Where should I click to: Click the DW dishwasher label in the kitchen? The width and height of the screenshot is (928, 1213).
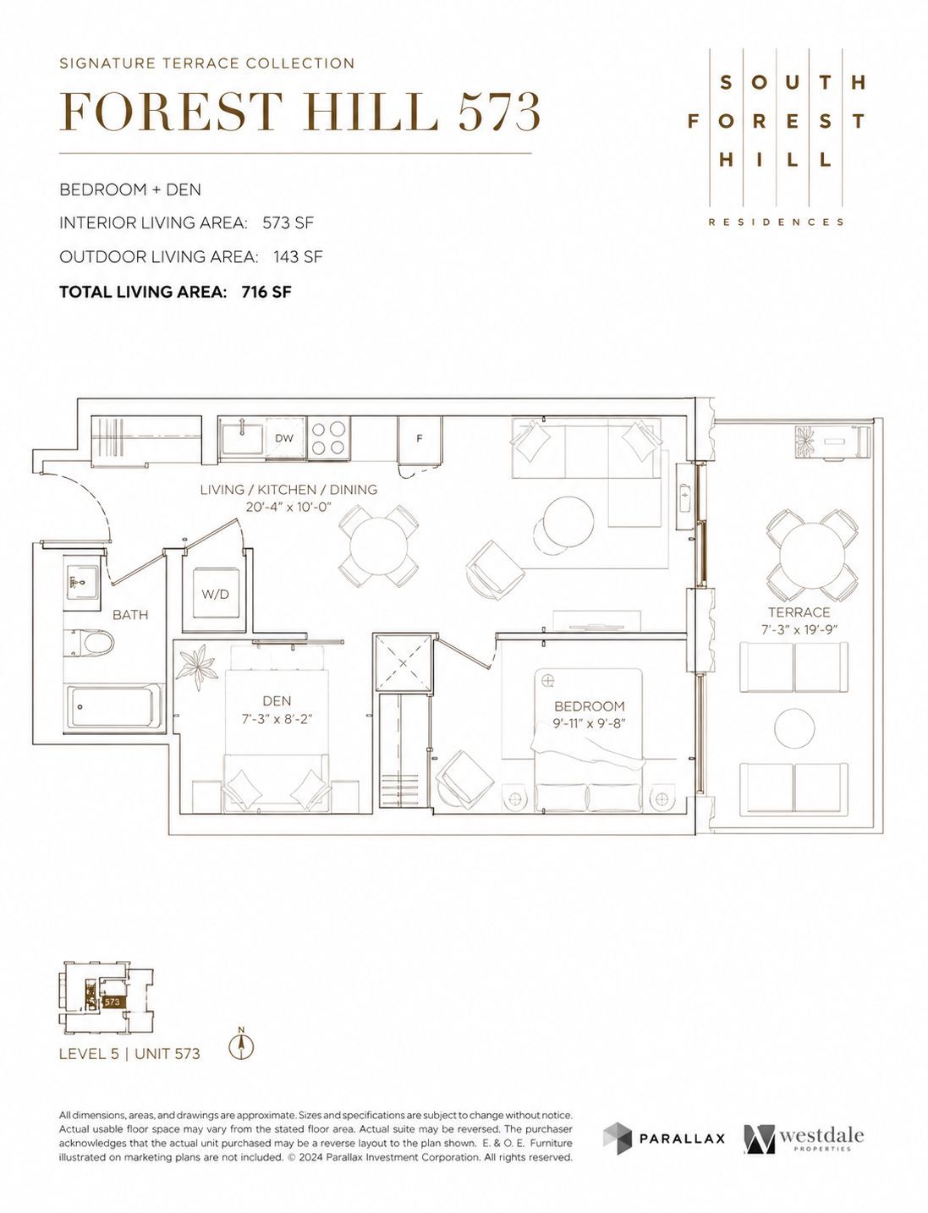(x=284, y=438)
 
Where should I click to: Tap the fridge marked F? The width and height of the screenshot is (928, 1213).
(x=420, y=439)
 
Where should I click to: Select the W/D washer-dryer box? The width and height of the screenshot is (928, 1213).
(x=215, y=594)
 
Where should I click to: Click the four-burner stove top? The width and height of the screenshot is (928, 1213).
(x=328, y=438)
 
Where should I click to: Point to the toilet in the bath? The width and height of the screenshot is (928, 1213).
(x=89, y=643)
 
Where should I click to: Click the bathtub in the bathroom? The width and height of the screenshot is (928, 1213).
(x=114, y=705)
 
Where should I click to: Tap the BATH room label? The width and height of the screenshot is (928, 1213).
(x=130, y=614)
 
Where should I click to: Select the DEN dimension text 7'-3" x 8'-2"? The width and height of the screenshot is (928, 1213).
(x=277, y=718)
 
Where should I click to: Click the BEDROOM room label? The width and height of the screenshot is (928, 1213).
(x=589, y=706)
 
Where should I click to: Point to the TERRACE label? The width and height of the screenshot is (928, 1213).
(x=799, y=612)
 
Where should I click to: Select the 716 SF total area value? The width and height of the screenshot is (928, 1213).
(x=266, y=292)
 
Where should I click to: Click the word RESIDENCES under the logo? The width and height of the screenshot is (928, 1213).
(x=776, y=222)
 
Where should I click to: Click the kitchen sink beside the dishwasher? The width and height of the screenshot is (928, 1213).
(x=243, y=438)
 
